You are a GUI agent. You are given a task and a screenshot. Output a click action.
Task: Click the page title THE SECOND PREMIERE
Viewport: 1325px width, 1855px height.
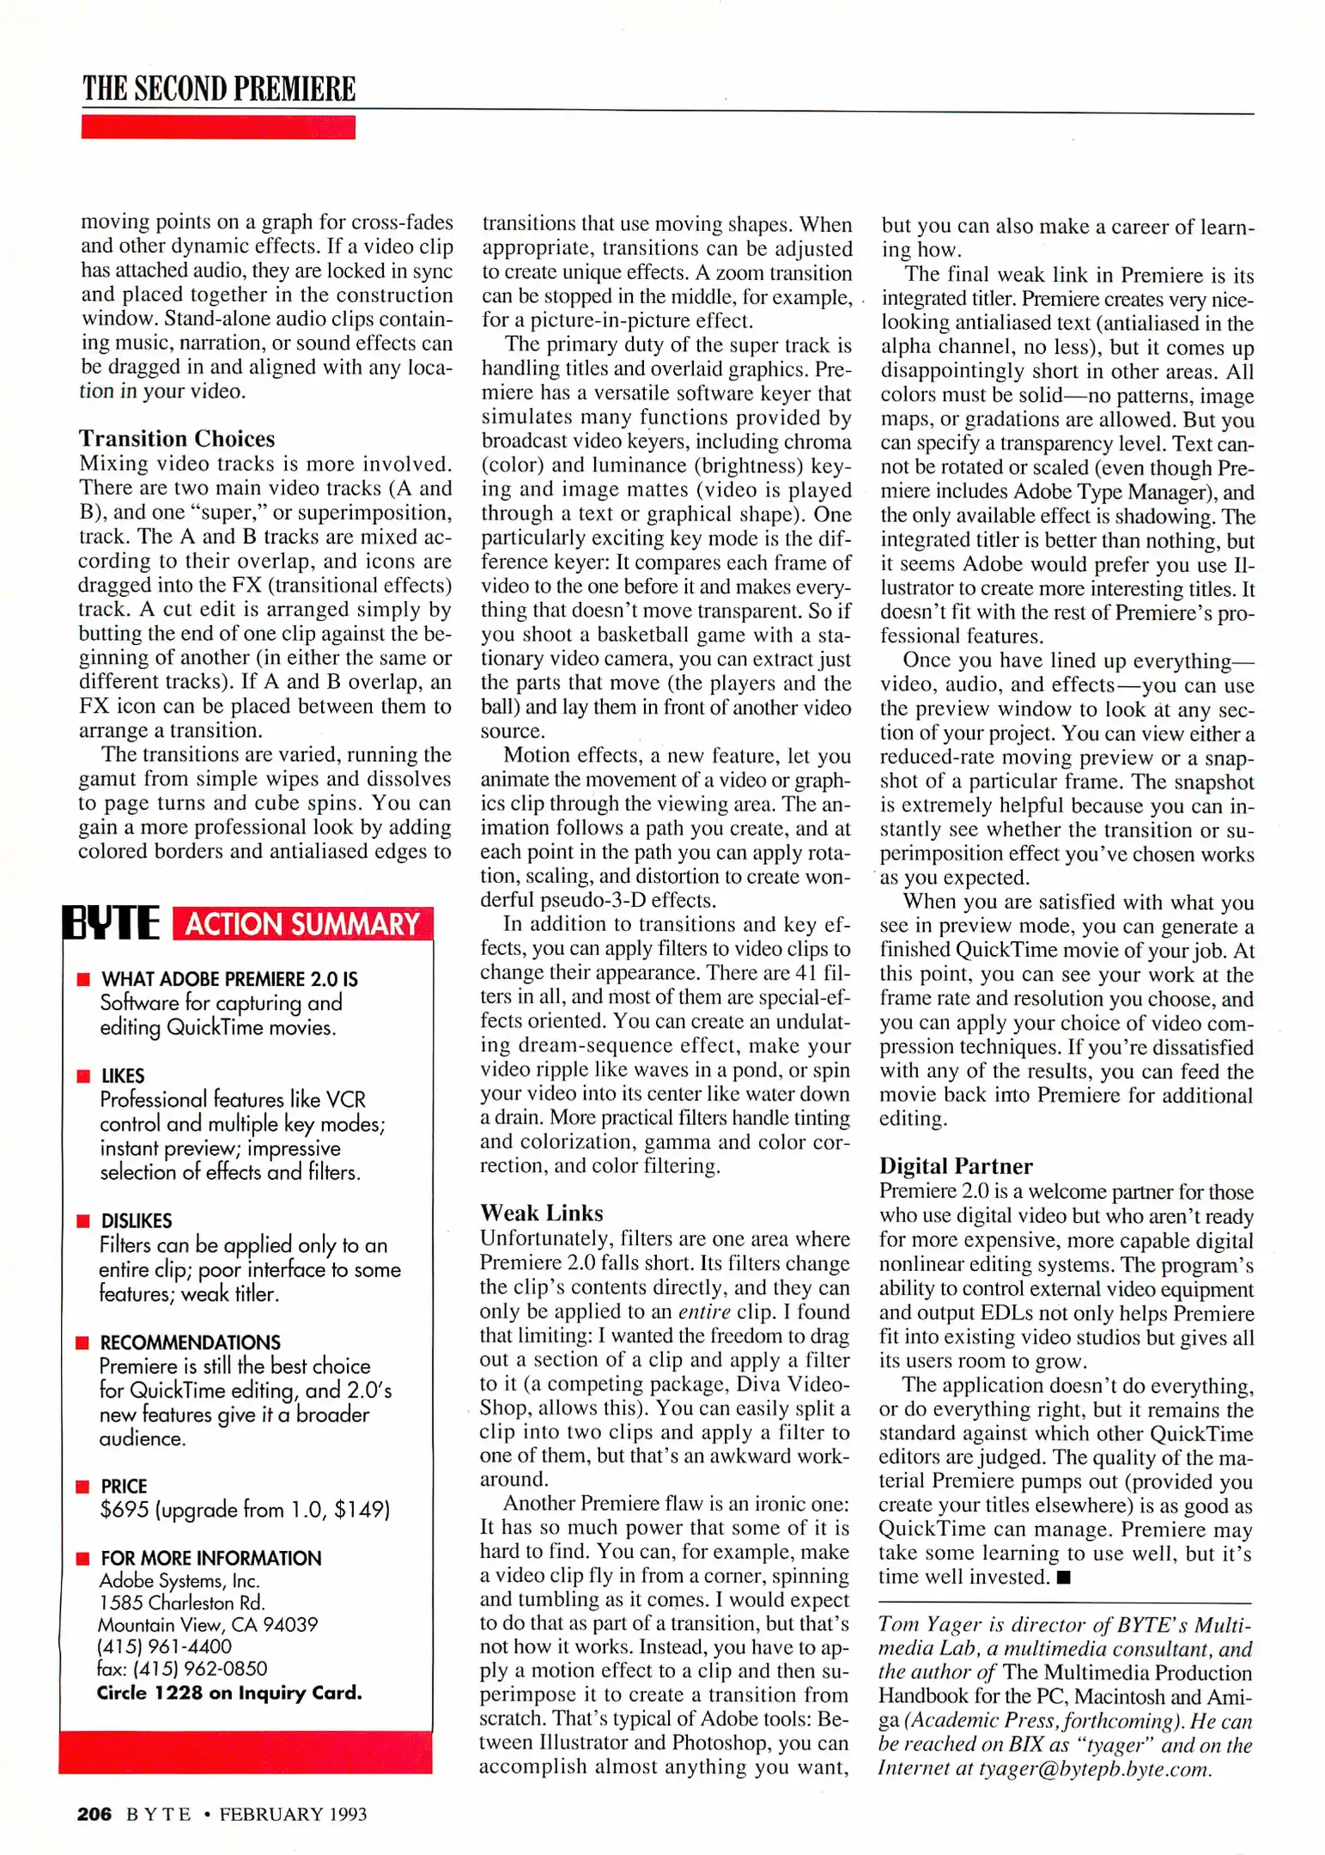(x=219, y=89)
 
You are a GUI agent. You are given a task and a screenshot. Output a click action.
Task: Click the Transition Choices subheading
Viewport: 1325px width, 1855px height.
(x=177, y=439)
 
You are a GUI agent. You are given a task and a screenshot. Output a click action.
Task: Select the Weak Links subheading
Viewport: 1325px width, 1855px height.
(x=541, y=1213)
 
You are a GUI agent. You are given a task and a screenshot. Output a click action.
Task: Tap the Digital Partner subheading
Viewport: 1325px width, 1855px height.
(x=955, y=1165)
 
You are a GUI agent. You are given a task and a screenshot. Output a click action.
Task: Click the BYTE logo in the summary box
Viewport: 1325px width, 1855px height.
(x=112, y=923)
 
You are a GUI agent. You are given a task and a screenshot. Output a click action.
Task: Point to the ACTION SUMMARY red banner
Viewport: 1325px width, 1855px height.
(x=302, y=924)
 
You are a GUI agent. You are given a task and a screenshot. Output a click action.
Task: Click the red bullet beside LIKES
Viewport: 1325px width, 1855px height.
(x=83, y=1076)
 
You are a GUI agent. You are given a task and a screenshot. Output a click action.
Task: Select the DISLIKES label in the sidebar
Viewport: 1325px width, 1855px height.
(x=137, y=1220)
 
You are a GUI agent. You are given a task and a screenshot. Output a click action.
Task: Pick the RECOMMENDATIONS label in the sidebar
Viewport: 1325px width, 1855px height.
(x=190, y=1342)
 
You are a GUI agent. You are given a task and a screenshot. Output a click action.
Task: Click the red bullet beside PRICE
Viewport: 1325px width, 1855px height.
(x=83, y=1487)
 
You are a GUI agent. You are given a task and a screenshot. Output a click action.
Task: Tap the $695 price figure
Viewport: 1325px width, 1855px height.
(x=124, y=1510)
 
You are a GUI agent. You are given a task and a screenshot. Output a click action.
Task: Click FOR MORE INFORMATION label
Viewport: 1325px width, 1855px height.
(x=210, y=1558)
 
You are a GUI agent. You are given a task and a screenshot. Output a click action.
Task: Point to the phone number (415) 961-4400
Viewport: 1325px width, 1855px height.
(x=165, y=1646)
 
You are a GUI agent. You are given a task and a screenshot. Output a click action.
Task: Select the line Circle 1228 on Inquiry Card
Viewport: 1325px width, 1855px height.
(x=229, y=1693)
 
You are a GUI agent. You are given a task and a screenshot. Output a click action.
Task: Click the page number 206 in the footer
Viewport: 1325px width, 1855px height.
(x=94, y=1814)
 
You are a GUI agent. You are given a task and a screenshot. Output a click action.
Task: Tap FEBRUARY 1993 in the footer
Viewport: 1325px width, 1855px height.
(x=293, y=1814)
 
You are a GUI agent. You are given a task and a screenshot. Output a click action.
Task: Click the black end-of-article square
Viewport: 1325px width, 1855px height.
(x=1064, y=1577)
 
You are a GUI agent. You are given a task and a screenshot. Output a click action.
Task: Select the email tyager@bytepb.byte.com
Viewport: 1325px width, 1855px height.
(x=1093, y=1768)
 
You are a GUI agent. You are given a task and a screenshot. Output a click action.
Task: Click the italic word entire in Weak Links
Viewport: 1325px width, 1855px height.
(x=704, y=1311)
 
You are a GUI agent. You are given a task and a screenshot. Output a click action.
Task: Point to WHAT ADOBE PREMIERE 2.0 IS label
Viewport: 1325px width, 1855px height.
(x=229, y=979)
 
